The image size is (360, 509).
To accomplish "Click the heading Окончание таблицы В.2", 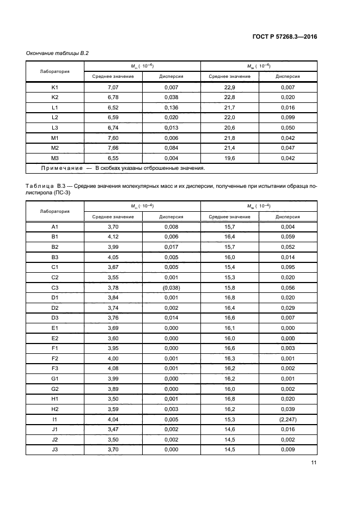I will pyautogui.click(x=57, y=53).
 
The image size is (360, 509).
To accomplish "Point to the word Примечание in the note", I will pyautogui.click(x=56, y=168).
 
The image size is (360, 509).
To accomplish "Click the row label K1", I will pyautogui.click(x=54, y=87).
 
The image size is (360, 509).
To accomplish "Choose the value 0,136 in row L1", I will pyautogui.click(x=171, y=107).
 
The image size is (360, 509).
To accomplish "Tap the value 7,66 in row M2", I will pyautogui.click(x=113, y=148).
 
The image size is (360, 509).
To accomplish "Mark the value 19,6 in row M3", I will pyautogui.click(x=229, y=158).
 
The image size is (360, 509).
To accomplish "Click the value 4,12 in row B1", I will pyautogui.click(x=113, y=237).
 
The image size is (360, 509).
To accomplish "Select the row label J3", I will pyautogui.click(x=54, y=449).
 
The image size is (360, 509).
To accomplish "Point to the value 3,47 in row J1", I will pyautogui.click(x=113, y=429).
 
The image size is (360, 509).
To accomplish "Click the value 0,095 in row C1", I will pyautogui.click(x=288, y=267).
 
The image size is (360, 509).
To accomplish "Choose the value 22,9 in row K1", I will pyautogui.click(x=229, y=87).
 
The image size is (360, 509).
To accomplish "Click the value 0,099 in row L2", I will pyautogui.click(x=288, y=118).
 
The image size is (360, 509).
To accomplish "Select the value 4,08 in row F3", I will pyautogui.click(x=113, y=368).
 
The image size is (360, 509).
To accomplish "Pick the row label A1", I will pyautogui.click(x=54, y=226).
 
